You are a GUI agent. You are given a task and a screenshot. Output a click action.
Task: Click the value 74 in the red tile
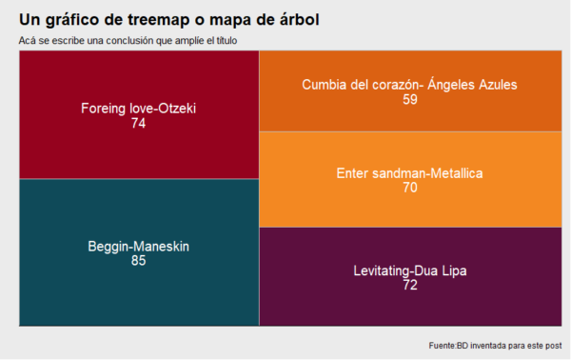click(x=138, y=123)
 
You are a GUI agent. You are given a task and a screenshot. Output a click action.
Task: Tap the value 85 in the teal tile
click(x=138, y=261)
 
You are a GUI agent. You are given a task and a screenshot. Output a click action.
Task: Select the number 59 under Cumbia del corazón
click(x=410, y=99)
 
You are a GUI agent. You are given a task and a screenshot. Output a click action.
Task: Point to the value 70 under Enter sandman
click(x=410, y=188)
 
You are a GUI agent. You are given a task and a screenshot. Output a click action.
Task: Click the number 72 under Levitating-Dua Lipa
click(x=410, y=285)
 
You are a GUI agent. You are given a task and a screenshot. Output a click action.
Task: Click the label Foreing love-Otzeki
click(x=139, y=108)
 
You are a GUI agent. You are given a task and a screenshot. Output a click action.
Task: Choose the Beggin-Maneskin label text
click(x=139, y=246)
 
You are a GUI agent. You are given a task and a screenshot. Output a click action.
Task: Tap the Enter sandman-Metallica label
click(x=410, y=173)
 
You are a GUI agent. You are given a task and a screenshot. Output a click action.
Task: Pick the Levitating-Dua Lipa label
click(x=410, y=270)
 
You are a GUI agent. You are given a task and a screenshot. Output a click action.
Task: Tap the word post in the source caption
click(x=552, y=344)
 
